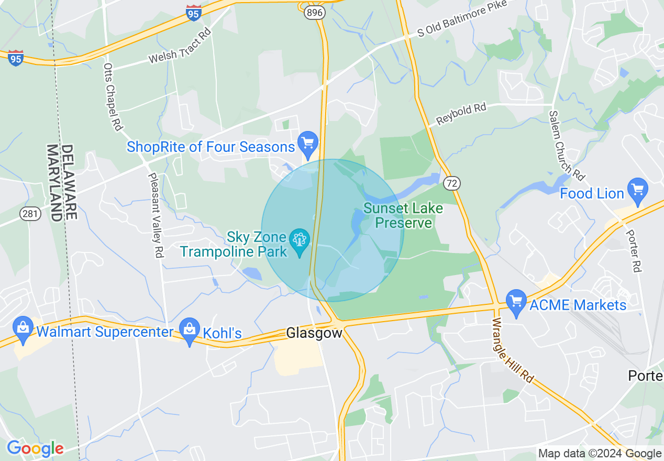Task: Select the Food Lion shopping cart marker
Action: click(x=638, y=190)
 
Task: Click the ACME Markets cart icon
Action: click(x=517, y=302)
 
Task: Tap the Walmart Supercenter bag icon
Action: click(x=23, y=328)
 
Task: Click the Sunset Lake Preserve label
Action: click(x=403, y=215)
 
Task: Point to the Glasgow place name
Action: click(x=314, y=333)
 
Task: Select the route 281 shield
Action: click(x=29, y=213)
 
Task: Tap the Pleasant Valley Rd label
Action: click(x=156, y=215)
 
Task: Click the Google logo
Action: click(x=35, y=448)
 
